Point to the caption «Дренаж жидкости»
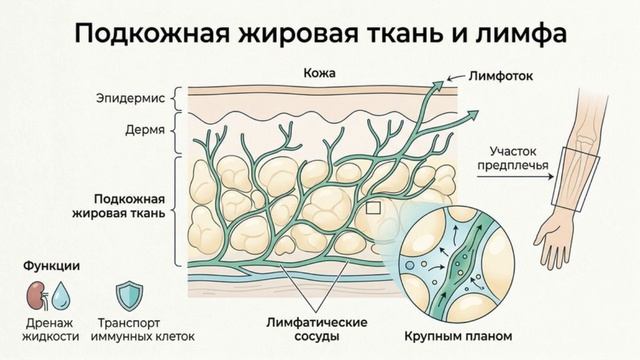pyautogui.click(x=47, y=330)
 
